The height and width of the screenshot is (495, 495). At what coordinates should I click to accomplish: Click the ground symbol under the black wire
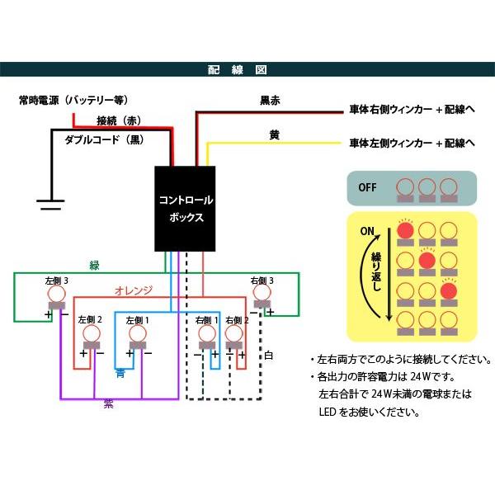(51, 203)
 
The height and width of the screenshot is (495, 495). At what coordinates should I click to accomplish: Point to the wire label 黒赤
(270, 101)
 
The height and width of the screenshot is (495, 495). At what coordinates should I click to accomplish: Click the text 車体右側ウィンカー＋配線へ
(412, 109)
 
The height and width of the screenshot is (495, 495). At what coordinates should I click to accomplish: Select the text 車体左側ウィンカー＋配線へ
(412, 143)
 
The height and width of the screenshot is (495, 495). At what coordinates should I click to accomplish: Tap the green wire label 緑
(95, 266)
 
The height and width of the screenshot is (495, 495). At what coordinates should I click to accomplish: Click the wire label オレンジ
(133, 290)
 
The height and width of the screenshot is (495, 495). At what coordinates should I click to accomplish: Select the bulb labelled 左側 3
(56, 294)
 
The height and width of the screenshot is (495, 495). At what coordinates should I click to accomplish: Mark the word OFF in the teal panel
(368, 187)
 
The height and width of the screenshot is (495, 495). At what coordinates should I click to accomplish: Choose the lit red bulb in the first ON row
(405, 232)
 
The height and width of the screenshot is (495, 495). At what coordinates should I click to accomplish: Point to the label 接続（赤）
(119, 120)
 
